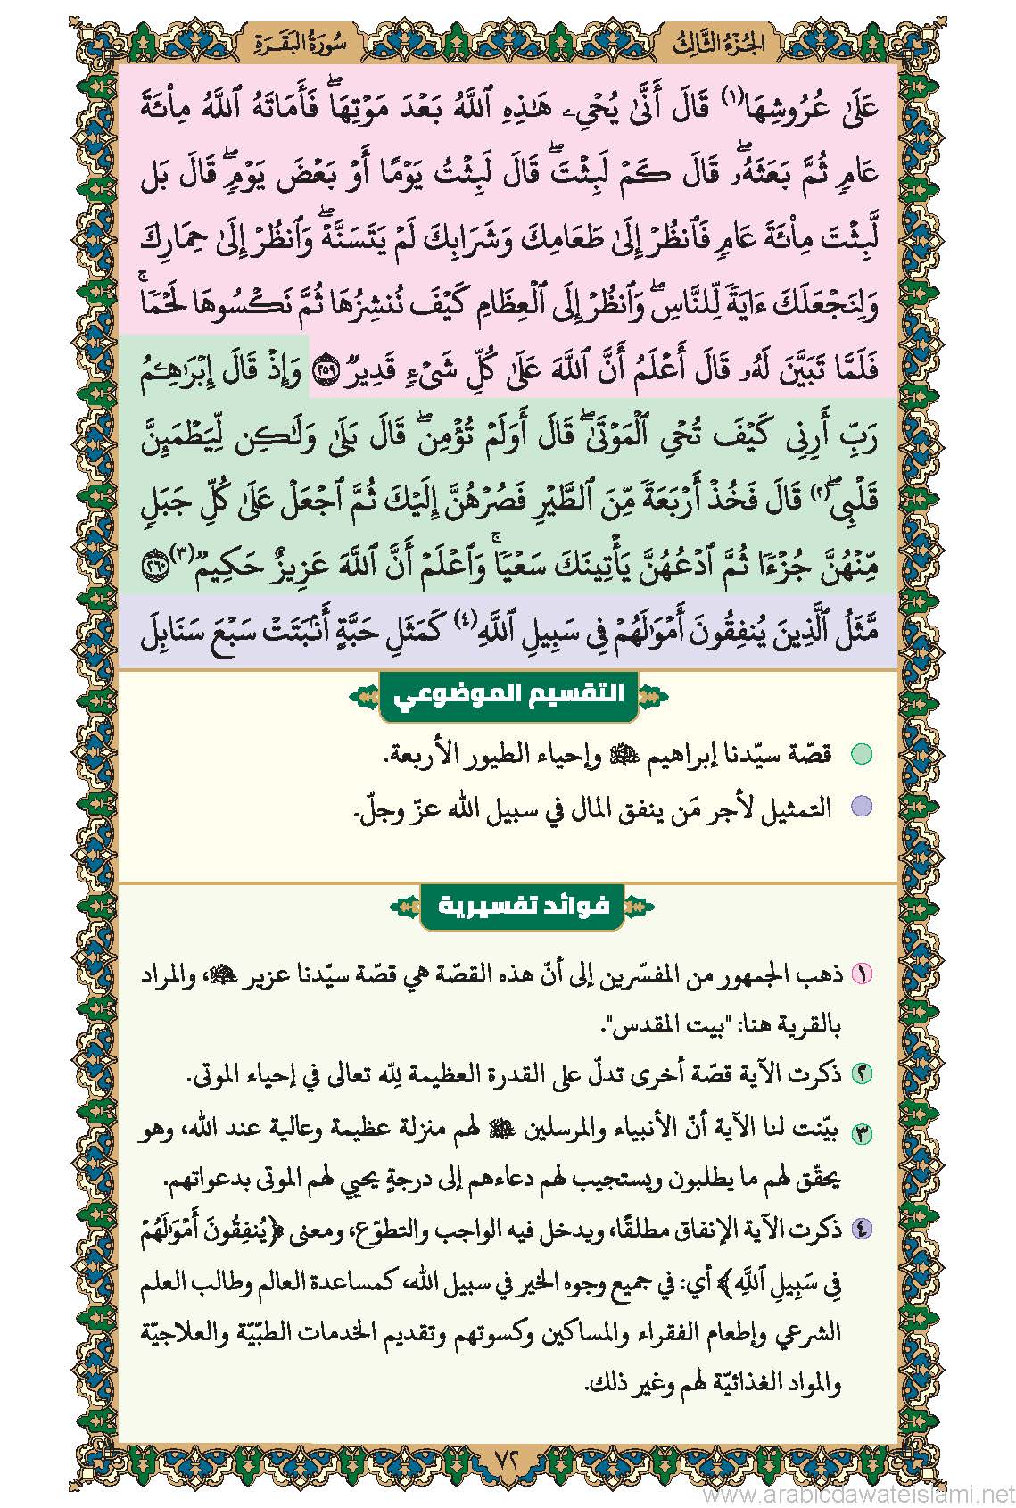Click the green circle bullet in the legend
pyautogui.click(x=861, y=755)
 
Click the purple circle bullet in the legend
pyautogui.click(x=861, y=808)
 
